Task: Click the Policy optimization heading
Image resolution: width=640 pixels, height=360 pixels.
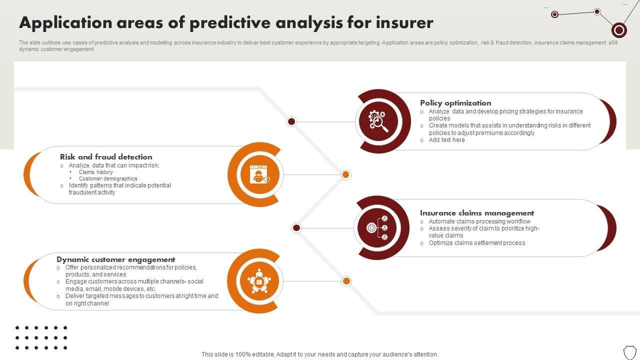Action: pyautogui.click(x=455, y=103)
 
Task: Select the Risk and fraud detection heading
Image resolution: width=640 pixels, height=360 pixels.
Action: pyautogui.click(x=106, y=157)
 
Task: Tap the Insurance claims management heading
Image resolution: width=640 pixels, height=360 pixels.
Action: pyautogui.click(x=477, y=213)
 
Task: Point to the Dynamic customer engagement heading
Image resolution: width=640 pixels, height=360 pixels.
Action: pyautogui.click(x=115, y=259)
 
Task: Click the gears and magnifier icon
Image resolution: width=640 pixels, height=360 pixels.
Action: pyautogui.click(x=378, y=121)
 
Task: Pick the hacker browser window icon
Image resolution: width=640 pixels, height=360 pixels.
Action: pyautogui.click(x=259, y=174)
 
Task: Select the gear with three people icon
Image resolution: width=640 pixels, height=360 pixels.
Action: pyautogui.click(x=377, y=227)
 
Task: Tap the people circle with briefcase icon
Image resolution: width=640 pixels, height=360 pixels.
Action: pyautogui.click(x=259, y=281)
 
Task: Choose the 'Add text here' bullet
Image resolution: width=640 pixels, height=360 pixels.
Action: pyautogui.click(x=446, y=140)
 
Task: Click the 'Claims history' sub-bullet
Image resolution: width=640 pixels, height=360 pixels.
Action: pyautogui.click(x=95, y=172)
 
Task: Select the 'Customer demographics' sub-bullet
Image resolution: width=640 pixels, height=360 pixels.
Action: pyautogui.click(x=108, y=178)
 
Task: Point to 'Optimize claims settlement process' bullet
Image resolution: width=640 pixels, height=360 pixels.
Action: pyautogui.click(x=477, y=243)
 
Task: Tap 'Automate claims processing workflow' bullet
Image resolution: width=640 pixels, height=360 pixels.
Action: pyautogui.click(x=479, y=221)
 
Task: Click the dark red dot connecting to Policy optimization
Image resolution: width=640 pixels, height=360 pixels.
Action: pyautogui.click(x=291, y=121)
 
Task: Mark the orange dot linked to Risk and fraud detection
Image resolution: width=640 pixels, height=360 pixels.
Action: pyautogui.click(x=345, y=174)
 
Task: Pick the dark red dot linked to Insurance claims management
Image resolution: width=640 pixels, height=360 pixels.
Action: pyautogui.click(x=296, y=227)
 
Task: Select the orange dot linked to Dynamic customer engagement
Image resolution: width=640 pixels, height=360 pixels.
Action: pyautogui.click(x=346, y=281)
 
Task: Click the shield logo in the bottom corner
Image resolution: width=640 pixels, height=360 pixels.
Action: pyautogui.click(x=629, y=352)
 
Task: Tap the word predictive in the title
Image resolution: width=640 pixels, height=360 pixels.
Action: pyautogui.click(x=230, y=22)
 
